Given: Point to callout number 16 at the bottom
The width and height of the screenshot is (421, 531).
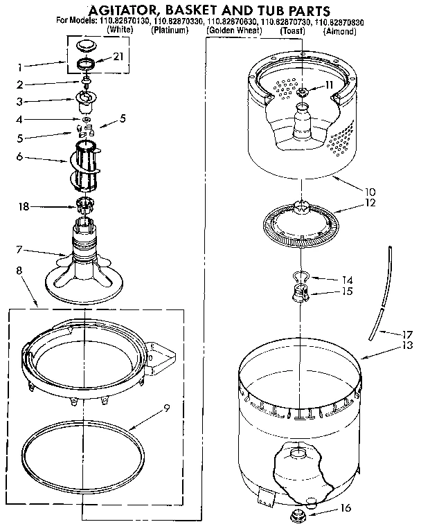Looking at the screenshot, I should pyautogui.click(x=347, y=508).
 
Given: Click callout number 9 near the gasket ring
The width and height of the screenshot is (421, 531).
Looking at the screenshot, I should pyautogui.click(x=166, y=408).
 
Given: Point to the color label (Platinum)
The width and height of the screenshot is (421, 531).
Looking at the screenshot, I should pyautogui.click(x=170, y=32).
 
